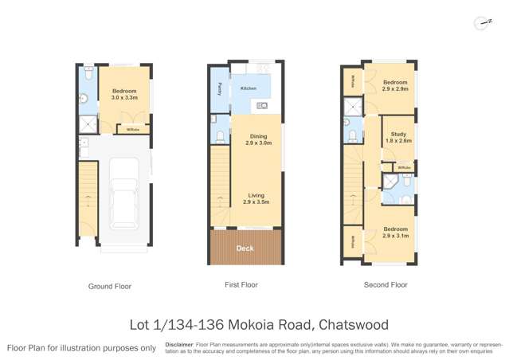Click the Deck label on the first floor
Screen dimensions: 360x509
coord(246,248)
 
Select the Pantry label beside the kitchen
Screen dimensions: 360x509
coord(219,88)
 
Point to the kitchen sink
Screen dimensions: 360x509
coord(262,106)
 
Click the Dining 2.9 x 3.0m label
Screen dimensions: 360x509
coord(257,140)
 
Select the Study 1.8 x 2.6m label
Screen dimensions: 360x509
coord(397,137)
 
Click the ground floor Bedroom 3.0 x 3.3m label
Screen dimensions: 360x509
coord(123,94)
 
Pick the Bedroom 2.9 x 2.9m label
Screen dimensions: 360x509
coord(394,85)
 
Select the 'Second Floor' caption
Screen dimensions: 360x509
coord(386,284)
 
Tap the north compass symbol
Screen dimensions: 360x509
coord(480,24)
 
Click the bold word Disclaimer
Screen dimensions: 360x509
coord(179,344)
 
